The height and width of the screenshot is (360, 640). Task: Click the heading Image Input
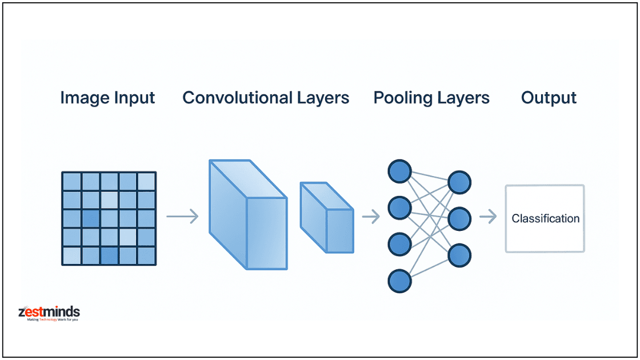[107, 98]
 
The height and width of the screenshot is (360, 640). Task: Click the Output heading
[549, 98]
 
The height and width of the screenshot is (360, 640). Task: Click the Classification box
[545, 218]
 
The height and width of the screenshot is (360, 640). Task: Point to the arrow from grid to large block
[182, 217]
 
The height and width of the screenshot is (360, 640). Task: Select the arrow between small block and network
[371, 217]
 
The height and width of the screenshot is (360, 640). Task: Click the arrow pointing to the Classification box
[487, 217]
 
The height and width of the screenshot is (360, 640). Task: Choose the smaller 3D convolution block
[327, 218]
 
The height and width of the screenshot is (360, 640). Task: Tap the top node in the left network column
[399, 171]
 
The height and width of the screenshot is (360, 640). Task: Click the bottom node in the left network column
[399, 281]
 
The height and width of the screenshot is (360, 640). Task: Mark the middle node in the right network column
[459, 219]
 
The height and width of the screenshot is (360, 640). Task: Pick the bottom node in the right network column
[459, 255]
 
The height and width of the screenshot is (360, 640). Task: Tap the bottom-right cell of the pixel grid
[146, 255]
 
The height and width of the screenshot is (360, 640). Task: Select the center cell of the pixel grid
[109, 218]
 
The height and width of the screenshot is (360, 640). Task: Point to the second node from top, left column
[399, 207]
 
